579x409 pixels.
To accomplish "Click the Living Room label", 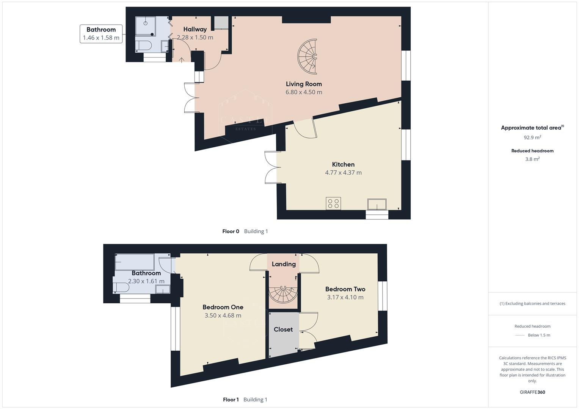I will (304, 84).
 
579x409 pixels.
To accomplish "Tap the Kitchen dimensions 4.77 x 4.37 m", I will (343, 173).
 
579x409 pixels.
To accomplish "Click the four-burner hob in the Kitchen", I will (333, 203).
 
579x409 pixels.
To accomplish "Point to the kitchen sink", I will (377, 204).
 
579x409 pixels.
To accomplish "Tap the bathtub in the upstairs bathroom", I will (135, 262).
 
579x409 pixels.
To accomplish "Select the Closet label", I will (283, 329).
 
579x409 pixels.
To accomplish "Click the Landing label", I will (284, 264).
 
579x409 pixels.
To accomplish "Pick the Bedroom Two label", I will (345, 289).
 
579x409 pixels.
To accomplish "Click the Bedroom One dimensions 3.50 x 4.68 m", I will (223, 315).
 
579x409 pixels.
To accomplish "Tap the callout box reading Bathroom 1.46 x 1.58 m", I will (101, 34).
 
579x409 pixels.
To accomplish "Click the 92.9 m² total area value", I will (532, 137).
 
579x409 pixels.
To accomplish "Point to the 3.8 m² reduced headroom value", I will (532, 159).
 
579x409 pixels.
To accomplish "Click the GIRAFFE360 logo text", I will (532, 392).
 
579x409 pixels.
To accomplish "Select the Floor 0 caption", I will (231, 231).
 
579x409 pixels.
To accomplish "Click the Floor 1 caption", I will (231, 400).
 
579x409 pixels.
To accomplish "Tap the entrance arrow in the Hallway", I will (182, 59).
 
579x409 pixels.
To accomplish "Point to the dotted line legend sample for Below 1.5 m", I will (520, 335).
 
